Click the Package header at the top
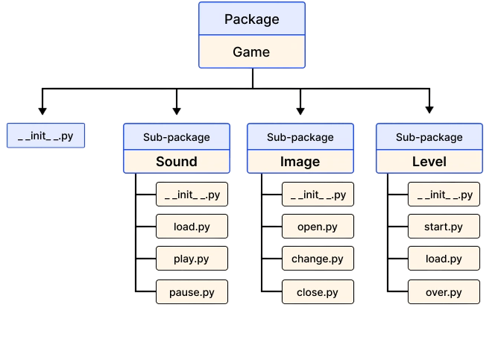[x=251, y=19]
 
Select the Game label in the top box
[x=251, y=52]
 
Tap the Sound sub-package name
[x=176, y=161]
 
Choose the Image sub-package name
[x=300, y=161]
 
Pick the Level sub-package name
[x=429, y=161]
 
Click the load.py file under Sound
[x=192, y=227]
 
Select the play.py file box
[x=192, y=259]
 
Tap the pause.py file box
[x=192, y=291]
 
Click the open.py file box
[x=318, y=227]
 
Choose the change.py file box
[x=318, y=259]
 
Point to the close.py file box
[x=318, y=291]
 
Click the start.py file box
[x=444, y=227]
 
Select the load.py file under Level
[x=444, y=259]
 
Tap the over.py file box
[x=444, y=291]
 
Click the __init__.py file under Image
[x=318, y=195]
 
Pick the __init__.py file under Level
[x=444, y=195]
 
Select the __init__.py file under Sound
[x=192, y=195]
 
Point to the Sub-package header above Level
[x=429, y=137]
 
